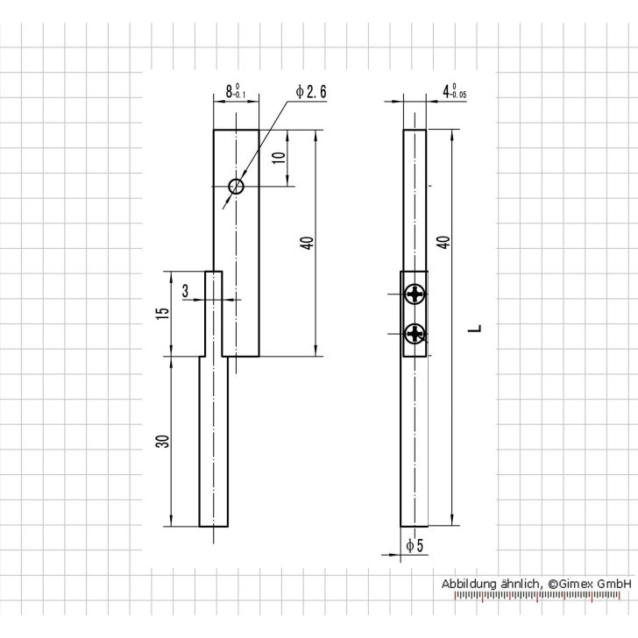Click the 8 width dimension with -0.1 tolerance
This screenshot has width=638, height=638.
(x=236, y=91)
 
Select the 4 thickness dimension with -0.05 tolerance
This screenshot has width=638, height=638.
(x=454, y=91)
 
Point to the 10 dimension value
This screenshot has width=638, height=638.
(x=278, y=158)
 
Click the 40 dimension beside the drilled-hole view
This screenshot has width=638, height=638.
(x=306, y=244)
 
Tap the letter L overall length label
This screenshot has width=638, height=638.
(x=474, y=330)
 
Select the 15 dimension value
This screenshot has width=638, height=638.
(x=161, y=314)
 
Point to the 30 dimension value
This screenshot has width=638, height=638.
(x=161, y=442)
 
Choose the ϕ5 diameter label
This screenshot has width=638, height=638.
(x=415, y=546)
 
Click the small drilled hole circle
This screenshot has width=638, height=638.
(x=235, y=186)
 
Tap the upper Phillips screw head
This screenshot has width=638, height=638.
(x=415, y=295)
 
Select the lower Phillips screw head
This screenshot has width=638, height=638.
(x=415, y=333)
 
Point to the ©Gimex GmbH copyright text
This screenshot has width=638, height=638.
(x=590, y=583)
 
